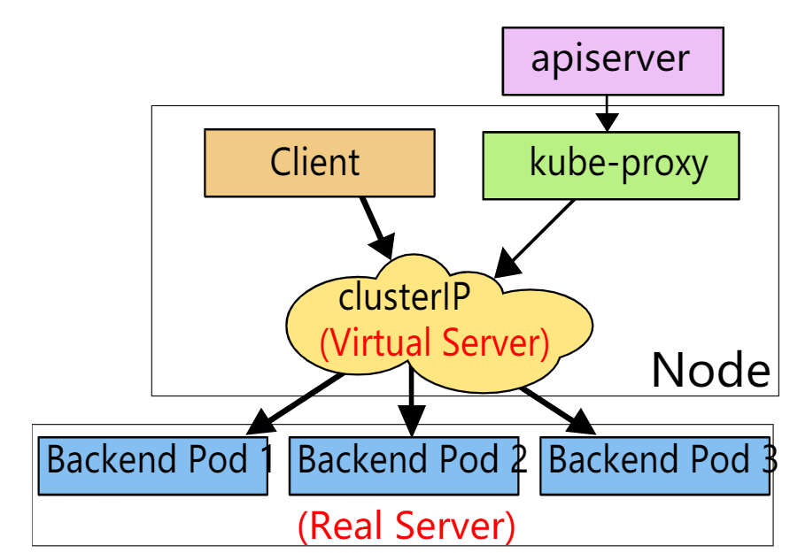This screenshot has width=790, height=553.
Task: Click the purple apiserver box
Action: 613,61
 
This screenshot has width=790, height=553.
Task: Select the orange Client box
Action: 320,163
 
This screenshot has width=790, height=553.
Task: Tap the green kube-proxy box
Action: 610,165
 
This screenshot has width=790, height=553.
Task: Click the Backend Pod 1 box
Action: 152,466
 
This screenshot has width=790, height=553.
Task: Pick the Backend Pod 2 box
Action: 404,466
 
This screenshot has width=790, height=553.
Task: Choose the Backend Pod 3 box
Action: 654,466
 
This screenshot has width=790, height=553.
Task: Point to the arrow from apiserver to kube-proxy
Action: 607,113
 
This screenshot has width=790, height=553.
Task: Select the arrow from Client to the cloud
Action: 377,228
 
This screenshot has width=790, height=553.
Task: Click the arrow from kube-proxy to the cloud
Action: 534,239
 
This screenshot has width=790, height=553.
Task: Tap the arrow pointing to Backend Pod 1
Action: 295,403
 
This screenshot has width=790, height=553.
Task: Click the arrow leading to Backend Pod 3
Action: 558,410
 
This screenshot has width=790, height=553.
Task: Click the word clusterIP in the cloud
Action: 404,297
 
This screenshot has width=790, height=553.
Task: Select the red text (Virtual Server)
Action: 434,342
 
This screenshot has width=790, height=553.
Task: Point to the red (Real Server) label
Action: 407,526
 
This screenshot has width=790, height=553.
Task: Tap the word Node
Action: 711,370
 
